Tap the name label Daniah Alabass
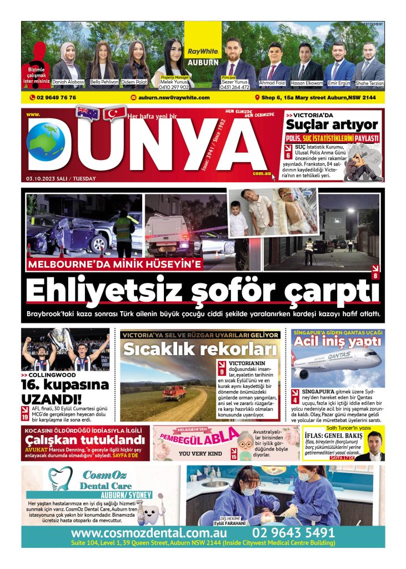(68, 82)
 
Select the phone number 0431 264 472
(235, 87)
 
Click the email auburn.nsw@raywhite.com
(173, 98)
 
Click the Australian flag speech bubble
(87, 113)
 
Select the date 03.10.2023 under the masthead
(61, 178)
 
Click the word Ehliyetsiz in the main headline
(97, 290)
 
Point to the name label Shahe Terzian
(370, 83)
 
